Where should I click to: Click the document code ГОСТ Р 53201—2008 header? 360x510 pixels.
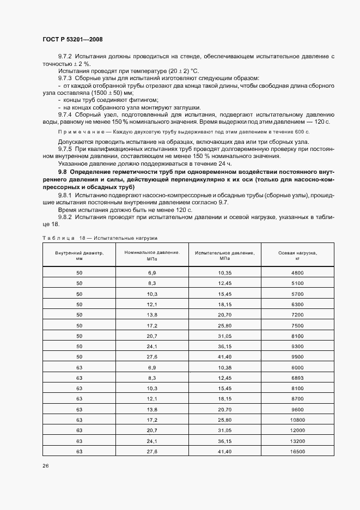72,40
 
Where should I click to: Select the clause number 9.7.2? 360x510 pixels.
65,57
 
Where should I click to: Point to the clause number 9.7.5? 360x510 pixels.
65,149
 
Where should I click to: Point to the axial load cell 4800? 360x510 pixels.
297,272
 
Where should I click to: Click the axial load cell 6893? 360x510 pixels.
297,378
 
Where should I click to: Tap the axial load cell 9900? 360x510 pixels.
297,356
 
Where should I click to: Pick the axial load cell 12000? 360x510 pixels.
297,430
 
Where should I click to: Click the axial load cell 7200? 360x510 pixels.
297,314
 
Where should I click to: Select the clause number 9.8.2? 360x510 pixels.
65,217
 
